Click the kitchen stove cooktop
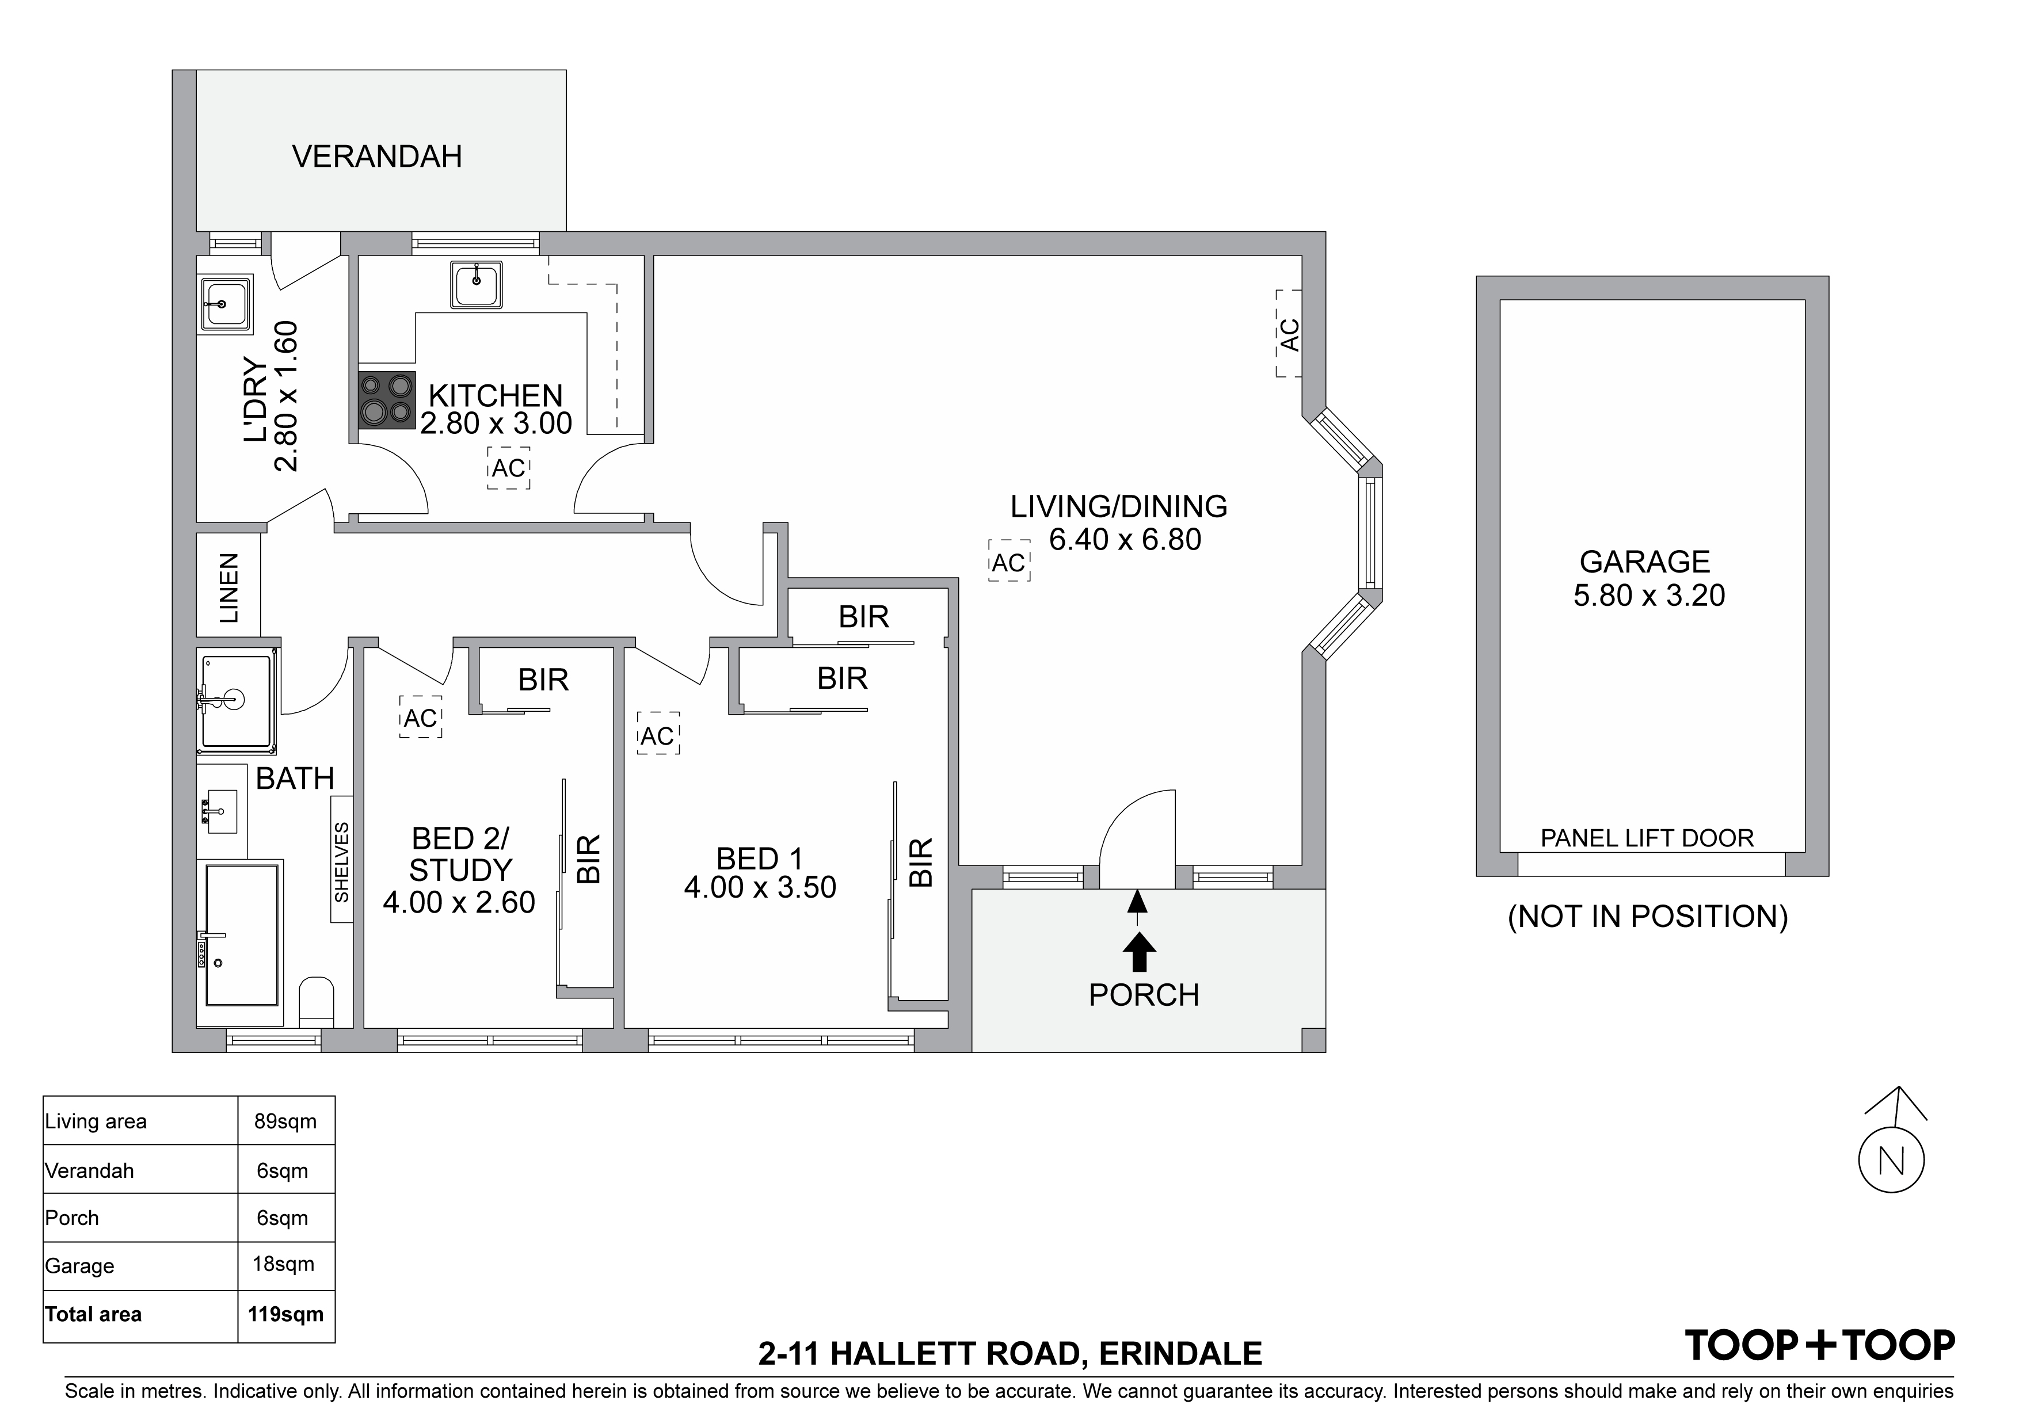pyautogui.click(x=387, y=400)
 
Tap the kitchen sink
pyautogui.click(x=477, y=285)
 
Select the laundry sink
pyautogui.click(x=226, y=304)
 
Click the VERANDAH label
pyautogui.click(x=376, y=157)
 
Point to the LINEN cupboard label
pyautogui.click(x=228, y=588)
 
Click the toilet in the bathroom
pyautogui.click(x=317, y=1001)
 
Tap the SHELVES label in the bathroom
pyautogui.click(x=342, y=861)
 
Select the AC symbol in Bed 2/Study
pyautogui.click(x=420, y=718)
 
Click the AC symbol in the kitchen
pyautogui.click(x=508, y=468)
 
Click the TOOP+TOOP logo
pyautogui.click(x=1819, y=1345)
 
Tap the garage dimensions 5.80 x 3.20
pyautogui.click(x=1649, y=596)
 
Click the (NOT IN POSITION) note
pyautogui.click(x=1648, y=917)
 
